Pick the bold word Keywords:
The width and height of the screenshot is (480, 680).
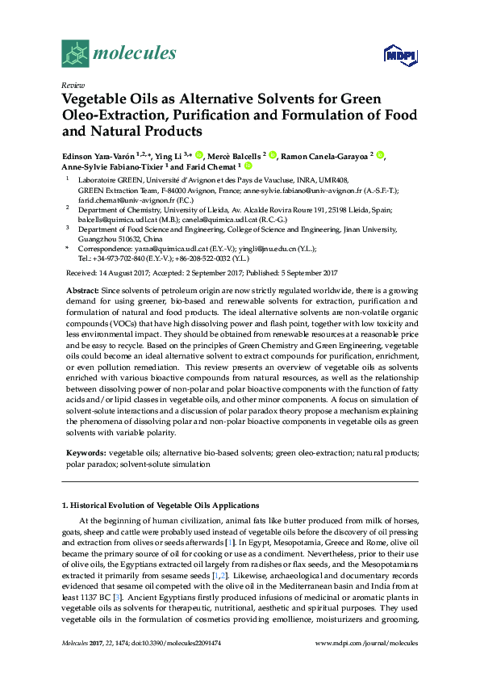86,454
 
